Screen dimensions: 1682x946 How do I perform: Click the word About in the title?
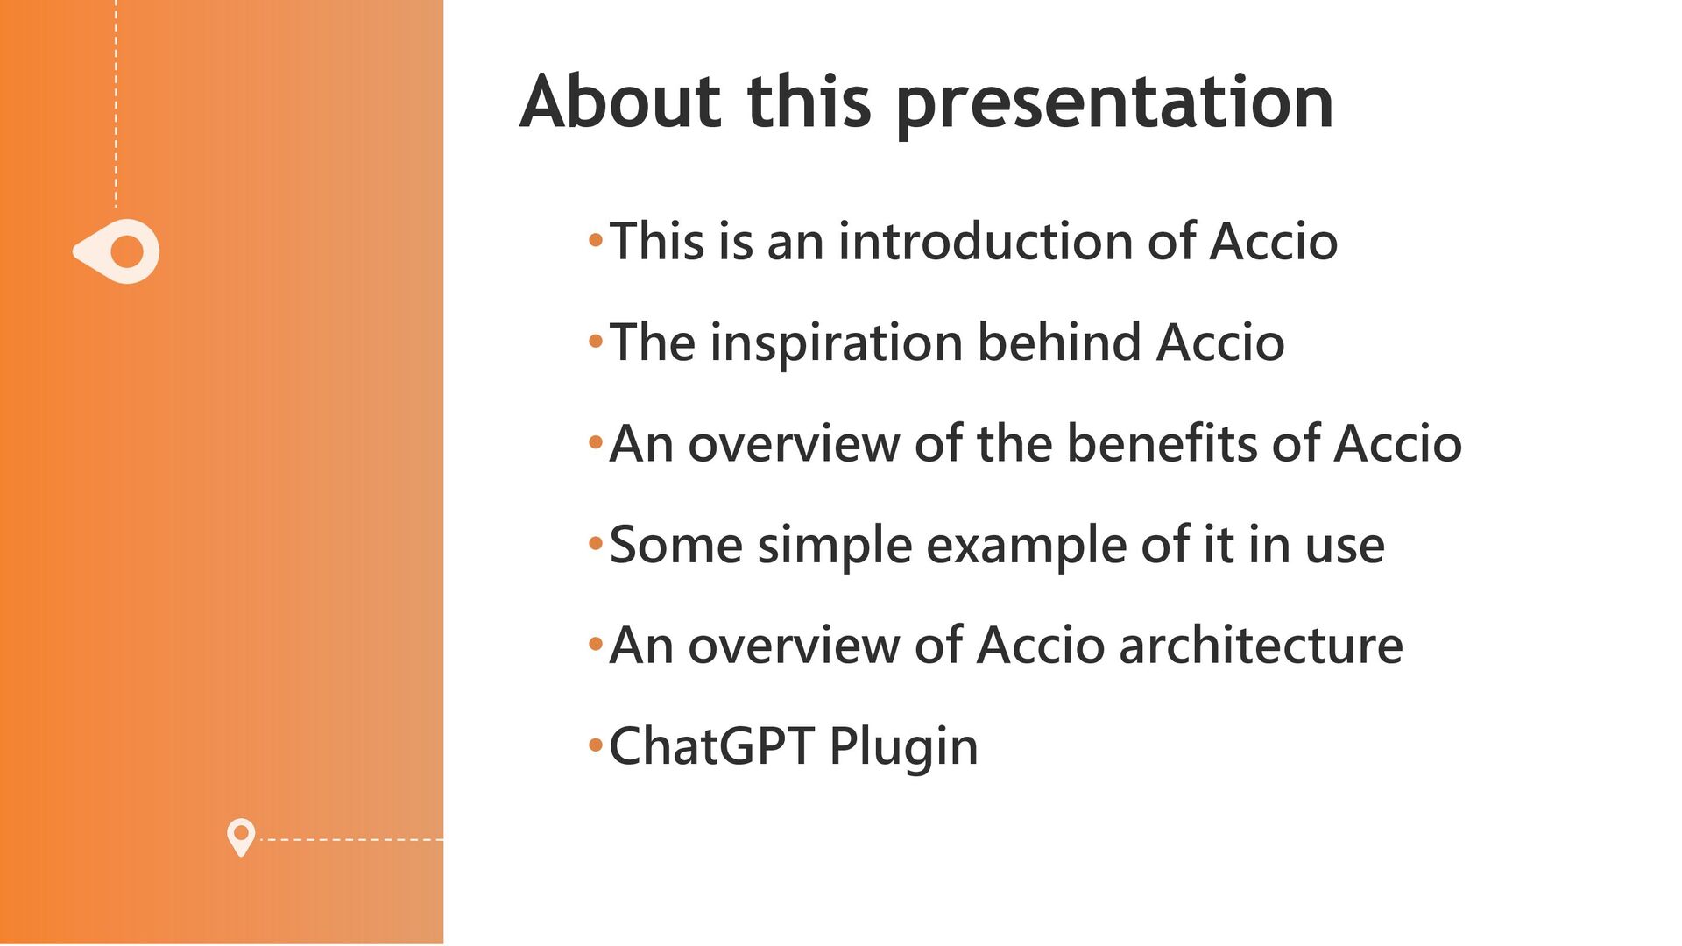[620, 102]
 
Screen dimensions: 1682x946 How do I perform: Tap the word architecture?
[1261, 646]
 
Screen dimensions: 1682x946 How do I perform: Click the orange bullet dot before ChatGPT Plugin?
[596, 747]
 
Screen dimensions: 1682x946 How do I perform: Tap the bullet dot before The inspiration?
[596, 342]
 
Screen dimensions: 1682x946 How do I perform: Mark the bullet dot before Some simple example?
[596, 545]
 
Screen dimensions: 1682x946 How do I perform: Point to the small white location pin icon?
[241, 837]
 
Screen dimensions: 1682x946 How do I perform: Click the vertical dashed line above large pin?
[116, 103]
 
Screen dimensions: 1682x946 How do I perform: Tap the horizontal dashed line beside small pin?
[352, 839]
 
